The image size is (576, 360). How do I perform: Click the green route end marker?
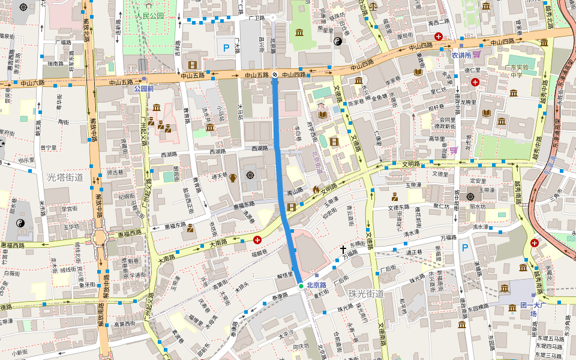(x=301, y=286)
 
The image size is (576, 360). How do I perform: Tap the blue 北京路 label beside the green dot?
(x=316, y=286)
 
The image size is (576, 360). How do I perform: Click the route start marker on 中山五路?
(x=275, y=74)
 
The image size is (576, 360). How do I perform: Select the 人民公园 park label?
(x=149, y=16)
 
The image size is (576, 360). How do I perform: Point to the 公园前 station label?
(x=144, y=88)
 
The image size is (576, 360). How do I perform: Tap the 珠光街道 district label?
(x=366, y=293)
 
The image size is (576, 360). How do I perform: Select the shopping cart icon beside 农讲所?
(x=476, y=54)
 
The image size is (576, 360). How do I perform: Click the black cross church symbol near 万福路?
(x=343, y=248)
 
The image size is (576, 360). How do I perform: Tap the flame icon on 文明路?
(x=316, y=189)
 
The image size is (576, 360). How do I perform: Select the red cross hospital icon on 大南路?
(x=257, y=240)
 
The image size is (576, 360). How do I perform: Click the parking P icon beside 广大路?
(x=226, y=47)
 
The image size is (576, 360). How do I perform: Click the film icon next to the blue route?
(x=292, y=207)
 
